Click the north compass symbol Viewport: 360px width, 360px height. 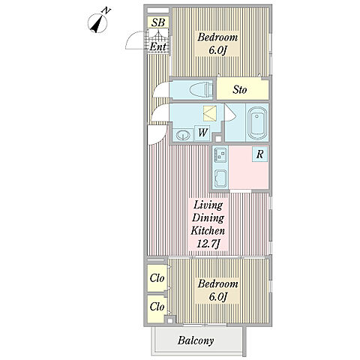[97, 23]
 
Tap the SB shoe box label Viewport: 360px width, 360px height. [158, 22]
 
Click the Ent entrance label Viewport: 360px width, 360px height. [157, 46]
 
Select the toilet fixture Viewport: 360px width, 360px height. [201, 89]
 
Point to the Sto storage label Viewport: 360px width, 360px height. [240, 89]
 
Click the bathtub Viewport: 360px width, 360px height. [257, 123]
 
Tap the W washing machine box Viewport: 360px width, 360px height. [202, 133]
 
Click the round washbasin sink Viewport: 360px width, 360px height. [183, 135]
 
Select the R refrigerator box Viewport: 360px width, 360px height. [259, 154]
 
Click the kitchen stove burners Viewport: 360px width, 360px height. [220, 154]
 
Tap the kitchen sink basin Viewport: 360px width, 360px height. [220, 178]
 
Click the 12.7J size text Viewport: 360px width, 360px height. [208, 244]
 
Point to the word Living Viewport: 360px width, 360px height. [208, 205]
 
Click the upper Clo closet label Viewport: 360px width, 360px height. [157, 278]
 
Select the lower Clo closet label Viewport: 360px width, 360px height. [157, 307]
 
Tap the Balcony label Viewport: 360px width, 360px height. [196, 340]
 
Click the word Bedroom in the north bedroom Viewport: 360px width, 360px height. [217, 37]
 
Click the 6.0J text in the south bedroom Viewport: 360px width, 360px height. [218, 297]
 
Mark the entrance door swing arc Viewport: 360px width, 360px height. [132, 37]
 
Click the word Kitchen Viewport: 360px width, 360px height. [208, 230]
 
